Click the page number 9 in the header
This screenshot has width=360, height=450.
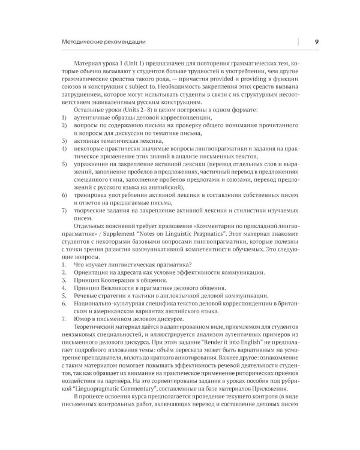tap(316, 41)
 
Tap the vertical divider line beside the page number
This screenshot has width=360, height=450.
tap(298, 41)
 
